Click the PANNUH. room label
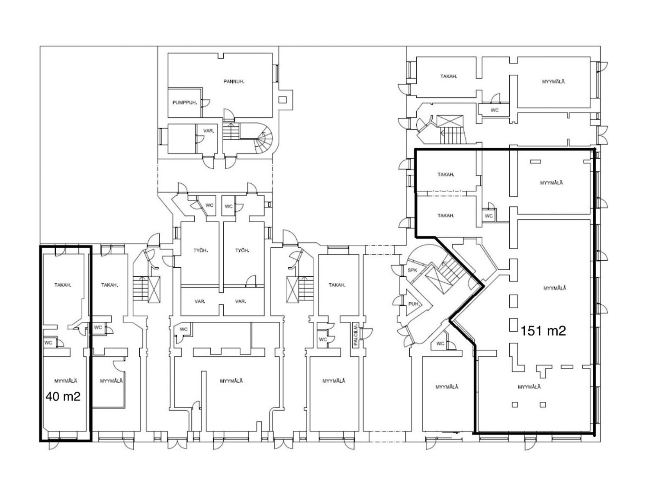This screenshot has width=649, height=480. pyautogui.click(x=234, y=82)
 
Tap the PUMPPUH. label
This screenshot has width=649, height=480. pyautogui.click(x=185, y=102)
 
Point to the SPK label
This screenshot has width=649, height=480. pyautogui.click(x=412, y=270)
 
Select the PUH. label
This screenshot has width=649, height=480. pyautogui.click(x=414, y=304)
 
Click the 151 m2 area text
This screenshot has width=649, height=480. pyautogui.click(x=543, y=331)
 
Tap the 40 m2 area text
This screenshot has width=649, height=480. pyautogui.click(x=63, y=397)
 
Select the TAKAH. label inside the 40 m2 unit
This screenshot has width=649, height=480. pyautogui.click(x=63, y=285)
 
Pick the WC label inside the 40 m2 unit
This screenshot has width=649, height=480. pyautogui.click(x=48, y=342)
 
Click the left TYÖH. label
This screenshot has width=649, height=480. pyautogui.click(x=200, y=250)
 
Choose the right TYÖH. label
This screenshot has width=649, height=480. pyautogui.click(x=242, y=250)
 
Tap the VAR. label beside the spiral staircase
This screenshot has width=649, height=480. pyautogui.click(x=209, y=131)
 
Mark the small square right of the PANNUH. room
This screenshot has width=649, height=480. pyautogui.click(x=283, y=100)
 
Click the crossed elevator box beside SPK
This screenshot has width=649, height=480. pyautogui.click(x=436, y=280)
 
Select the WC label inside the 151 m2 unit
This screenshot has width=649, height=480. pyautogui.click(x=488, y=216)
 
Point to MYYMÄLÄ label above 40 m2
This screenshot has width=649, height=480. pyautogui.click(x=66, y=381)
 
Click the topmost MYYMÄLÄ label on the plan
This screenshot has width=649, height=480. pyautogui.click(x=553, y=82)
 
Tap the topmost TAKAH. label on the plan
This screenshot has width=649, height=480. pyautogui.click(x=449, y=77)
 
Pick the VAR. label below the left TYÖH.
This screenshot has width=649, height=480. pyautogui.click(x=200, y=301)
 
